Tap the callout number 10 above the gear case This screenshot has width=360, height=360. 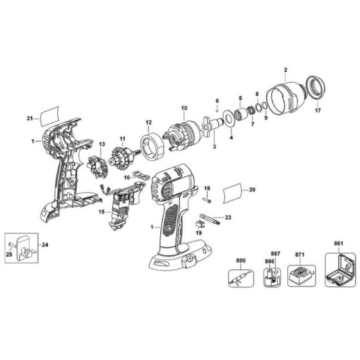coord(184,107)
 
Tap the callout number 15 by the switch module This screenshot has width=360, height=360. coord(100,212)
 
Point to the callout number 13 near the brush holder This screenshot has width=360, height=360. coord(101,143)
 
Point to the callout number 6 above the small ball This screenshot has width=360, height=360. coord(218,102)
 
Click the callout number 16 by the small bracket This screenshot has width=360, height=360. coord(127,175)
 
